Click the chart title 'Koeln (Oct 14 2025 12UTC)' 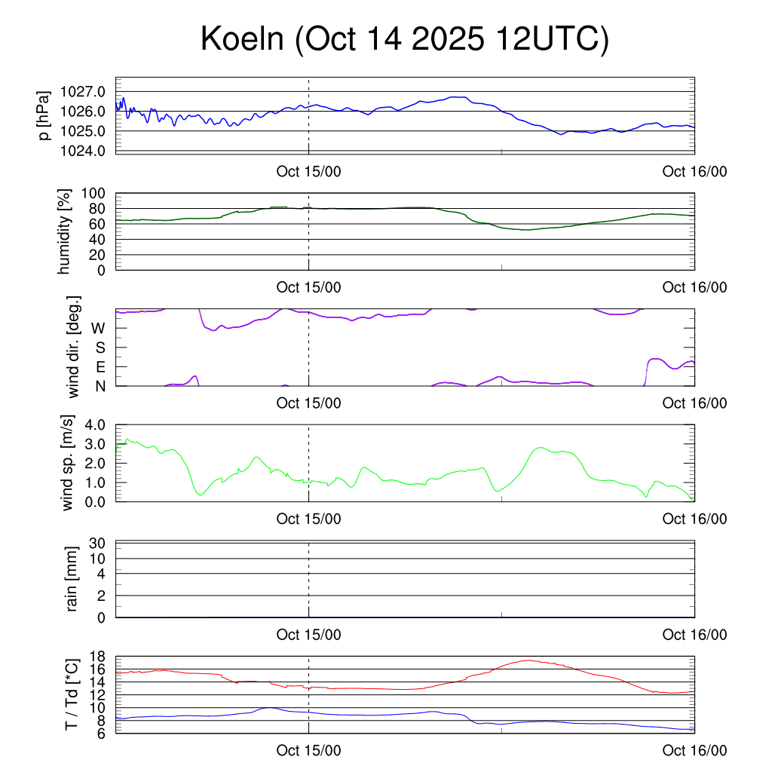tap(404, 39)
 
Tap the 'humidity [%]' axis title tap(65, 231)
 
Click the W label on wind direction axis tap(98, 329)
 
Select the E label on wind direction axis tap(100, 367)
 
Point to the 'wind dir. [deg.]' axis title tap(73, 348)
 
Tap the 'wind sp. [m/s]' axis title tap(69, 463)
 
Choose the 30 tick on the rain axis tap(97, 543)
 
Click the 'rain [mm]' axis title tap(72, 580)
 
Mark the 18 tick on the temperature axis tap(97, 657)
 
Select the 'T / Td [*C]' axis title tap(72, 694)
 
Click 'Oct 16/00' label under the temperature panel tap(694, 751)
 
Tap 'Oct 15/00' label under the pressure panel tap(308, 171)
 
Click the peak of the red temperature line tap(528, 660)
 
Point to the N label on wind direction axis tap(100, 386)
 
